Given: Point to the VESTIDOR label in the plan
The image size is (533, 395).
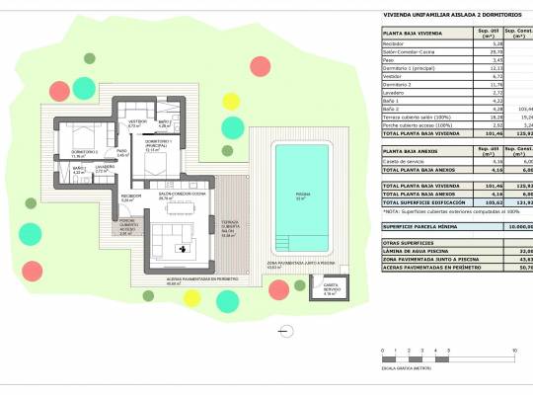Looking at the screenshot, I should tap(135, 122).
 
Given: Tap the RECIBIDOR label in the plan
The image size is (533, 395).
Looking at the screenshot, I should tap(131, 197).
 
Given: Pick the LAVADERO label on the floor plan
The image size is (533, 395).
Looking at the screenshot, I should tap(104, 167).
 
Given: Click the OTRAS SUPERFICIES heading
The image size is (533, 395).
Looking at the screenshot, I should tap(407, 242).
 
